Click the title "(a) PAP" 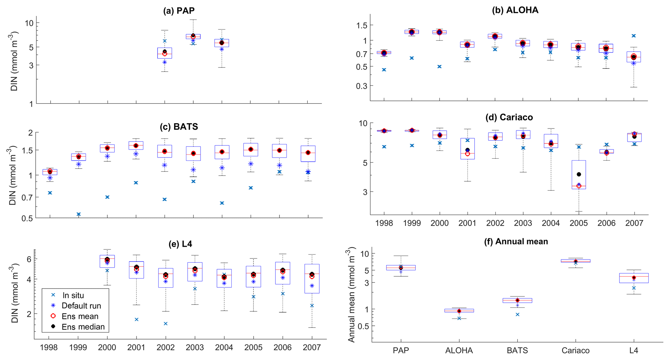click(x=179, y=11)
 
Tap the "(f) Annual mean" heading click(x=516, y=242)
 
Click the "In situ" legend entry click(x=73, y=295)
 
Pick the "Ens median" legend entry click(x=83, y=327)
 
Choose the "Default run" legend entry click(x=81, y=306)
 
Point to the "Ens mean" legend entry click(x=80, y=317)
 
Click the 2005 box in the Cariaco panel click(x=579, y=174)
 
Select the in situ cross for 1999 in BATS click(x=78, y=214)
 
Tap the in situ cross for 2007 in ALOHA click(x=634, y=36)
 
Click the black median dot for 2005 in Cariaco click(x=579, y=174)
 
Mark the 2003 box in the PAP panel click(x=193, y=36)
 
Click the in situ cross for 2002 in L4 click(x=166, y=324)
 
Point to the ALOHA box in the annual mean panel click(x=459, y=310)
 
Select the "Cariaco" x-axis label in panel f click(x=575, y=351)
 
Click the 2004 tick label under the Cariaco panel click(x=551, y=223)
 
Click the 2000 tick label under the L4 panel click(x=107, y=348)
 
